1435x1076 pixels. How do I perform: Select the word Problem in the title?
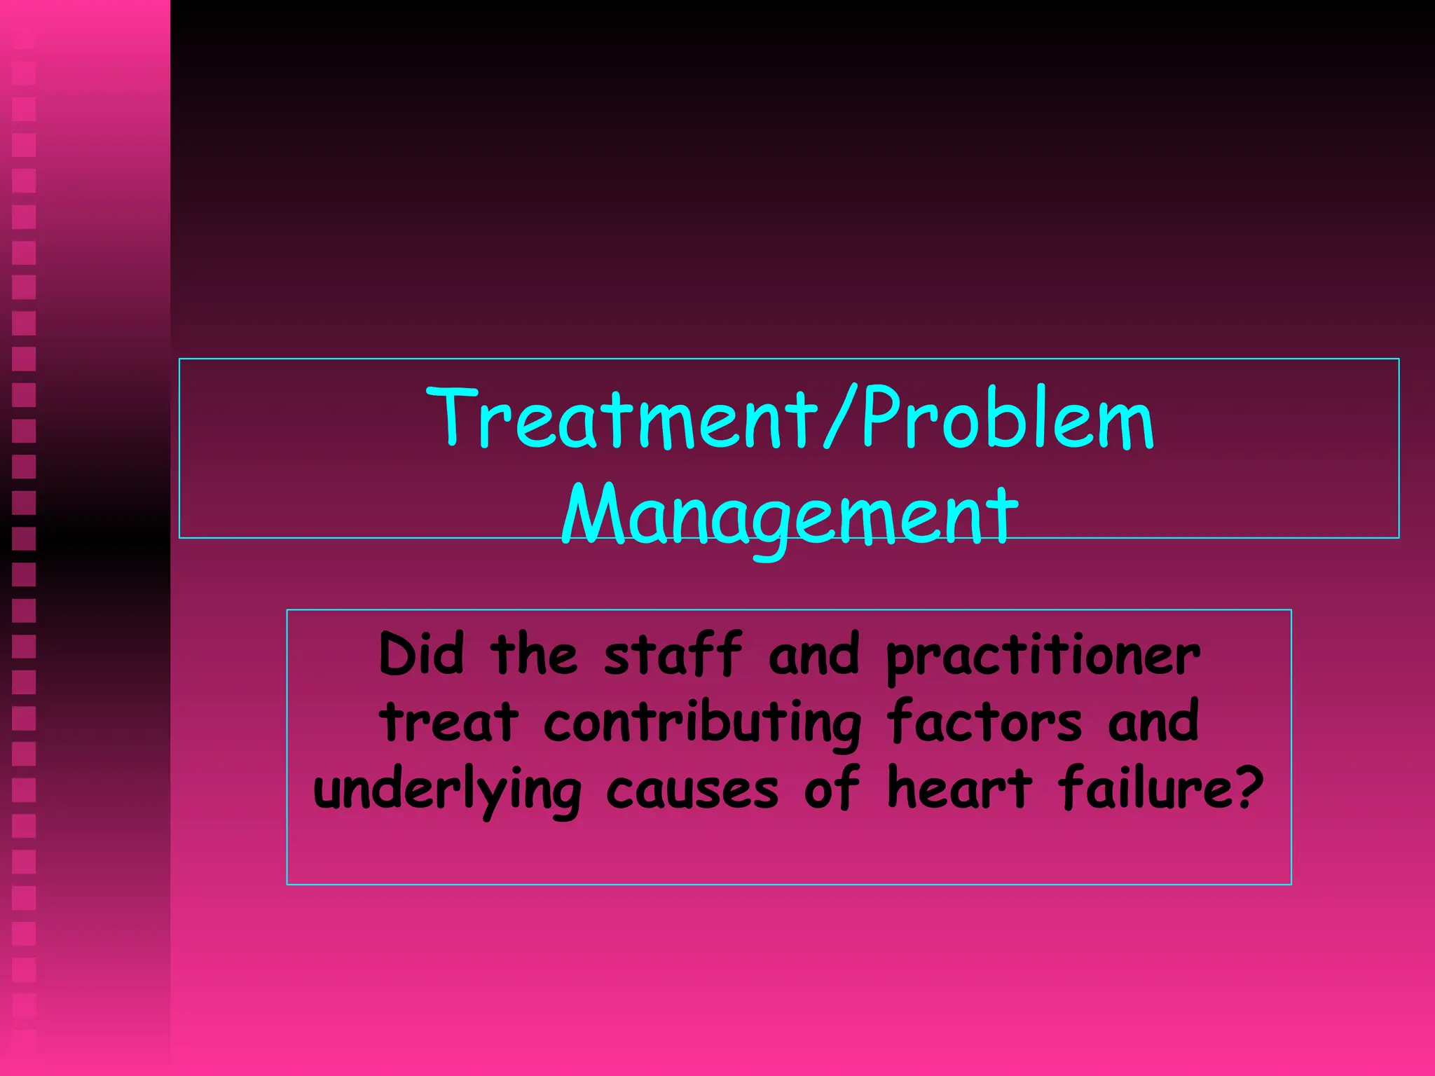pyautogui.click(x=1008, y=418)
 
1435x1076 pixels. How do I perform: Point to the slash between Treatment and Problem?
pyautogui.click(x=839, y=418)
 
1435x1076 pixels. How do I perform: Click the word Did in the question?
pyautogui.click(x=421, y=654)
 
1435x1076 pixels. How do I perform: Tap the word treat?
pyautogui.click(x=449, y=722)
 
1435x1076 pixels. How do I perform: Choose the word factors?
pyautogui.click(x=984, y=722)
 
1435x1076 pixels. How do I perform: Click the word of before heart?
pyautogui.click(x=831, y=787)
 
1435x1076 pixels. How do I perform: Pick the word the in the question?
pyautogui.click(x=534, y=654)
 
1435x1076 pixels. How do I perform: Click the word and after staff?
pyautogui.click(x=813, y=654)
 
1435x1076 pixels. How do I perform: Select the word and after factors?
pyautogui.click(x=1153, y=722)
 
